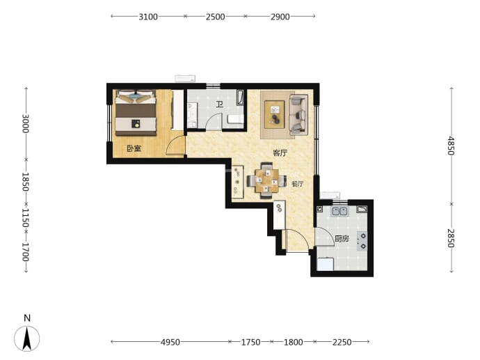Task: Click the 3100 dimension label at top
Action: pos(148,17)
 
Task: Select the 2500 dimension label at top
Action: pos(215,17)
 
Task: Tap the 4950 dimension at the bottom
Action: pos(170,342)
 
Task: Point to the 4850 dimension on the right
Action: pos(451,146)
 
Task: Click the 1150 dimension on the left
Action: pos(26,218)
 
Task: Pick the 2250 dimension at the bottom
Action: pos(342,342)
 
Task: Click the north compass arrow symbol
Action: pos(27,338)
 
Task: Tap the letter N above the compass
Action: pos(27,318)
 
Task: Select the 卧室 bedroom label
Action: pos(134,148)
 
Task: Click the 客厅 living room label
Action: pos(280,152)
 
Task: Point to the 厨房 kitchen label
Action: pos(342,238)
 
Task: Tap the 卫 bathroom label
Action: pos(220,104)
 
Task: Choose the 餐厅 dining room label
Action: pos(298,184)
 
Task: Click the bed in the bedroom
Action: pos(136,112)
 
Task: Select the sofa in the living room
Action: pos(298,115)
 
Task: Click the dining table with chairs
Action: pos(266,181)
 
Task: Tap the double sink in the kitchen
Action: pos(339,212)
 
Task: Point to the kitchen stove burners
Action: pos(362,241)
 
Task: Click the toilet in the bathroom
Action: pos(235,119)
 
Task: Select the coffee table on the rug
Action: pos(275,115)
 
